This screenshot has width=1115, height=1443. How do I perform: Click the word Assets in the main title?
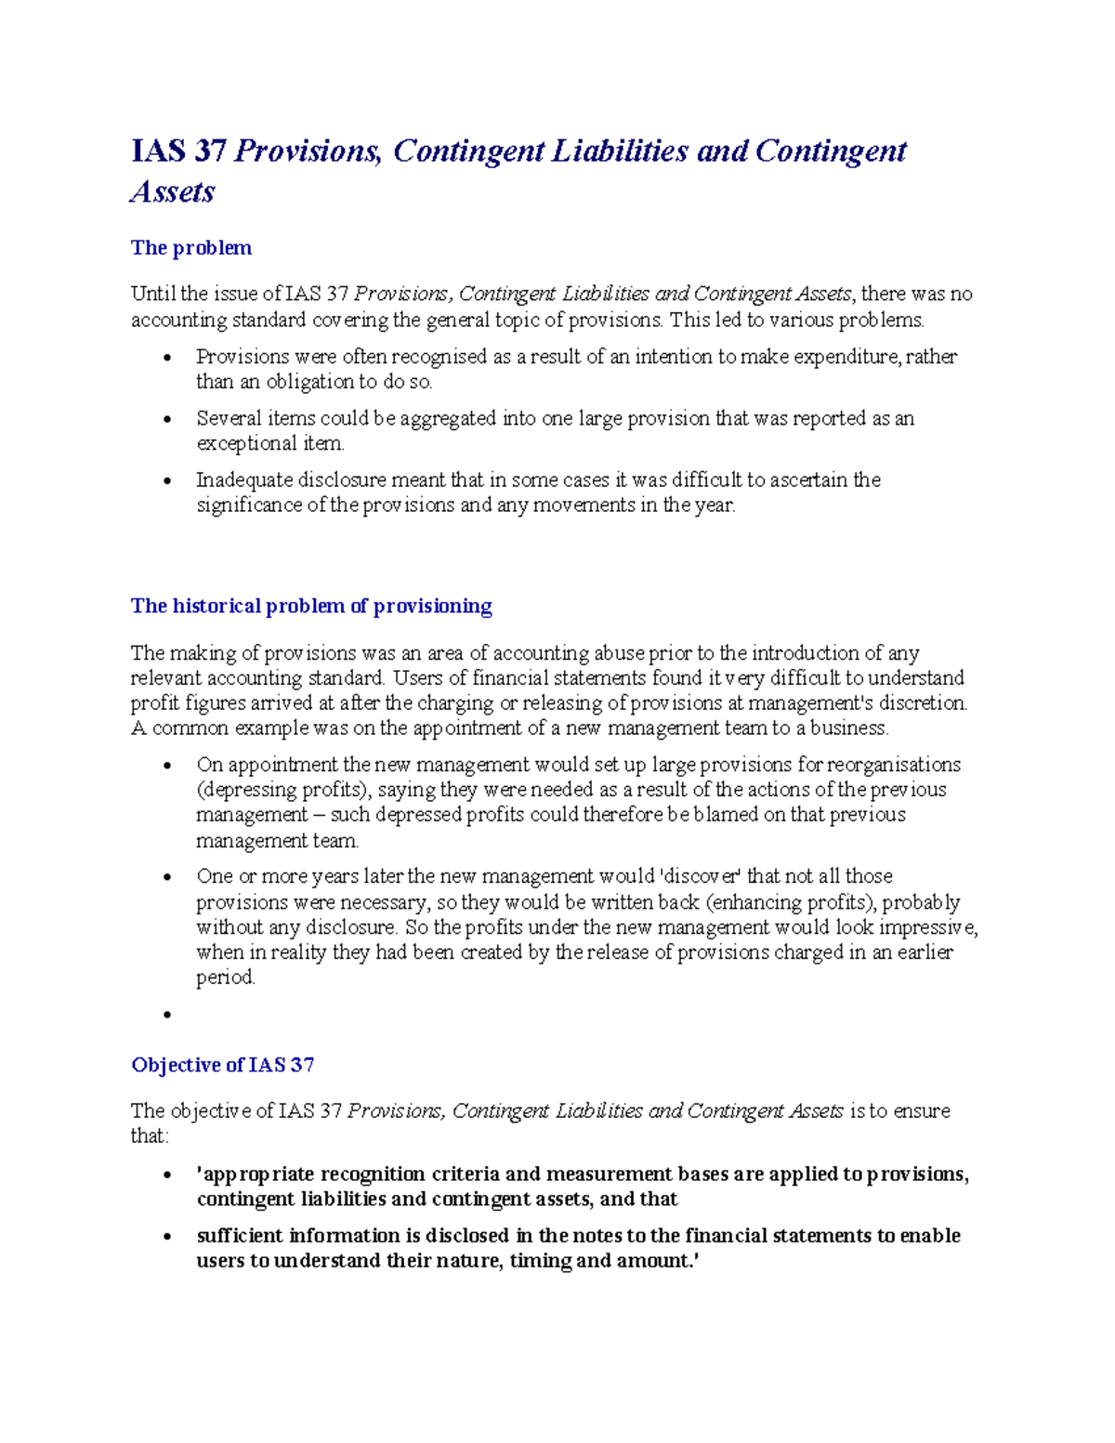pyautogui.click(x=173, y=191)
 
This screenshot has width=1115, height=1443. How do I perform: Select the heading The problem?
pyautogui.click(x=191, y=248)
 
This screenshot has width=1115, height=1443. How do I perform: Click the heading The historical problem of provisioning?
pyautogui.click(x=311, y=606)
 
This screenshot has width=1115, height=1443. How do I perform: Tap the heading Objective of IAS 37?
pyautogui.click(x=223, y=1065)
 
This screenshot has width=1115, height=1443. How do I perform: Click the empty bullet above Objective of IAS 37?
pyautogui.click(x=167, y=1015)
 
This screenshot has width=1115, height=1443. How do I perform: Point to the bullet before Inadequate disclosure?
pyautogui.click(x=167, y=481)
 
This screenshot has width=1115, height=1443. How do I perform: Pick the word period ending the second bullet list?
pyautogui.click(x=225, y=977)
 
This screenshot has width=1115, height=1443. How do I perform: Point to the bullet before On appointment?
pyautogui.click(x=167, y=766)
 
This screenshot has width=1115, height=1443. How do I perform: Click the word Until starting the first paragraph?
pyautogui.click(x=153, y=295)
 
